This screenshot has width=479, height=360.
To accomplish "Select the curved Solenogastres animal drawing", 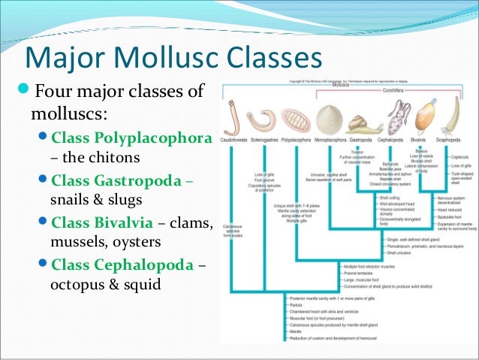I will click(263, 119).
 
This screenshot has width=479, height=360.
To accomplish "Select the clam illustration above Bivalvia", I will click(424, 116).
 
